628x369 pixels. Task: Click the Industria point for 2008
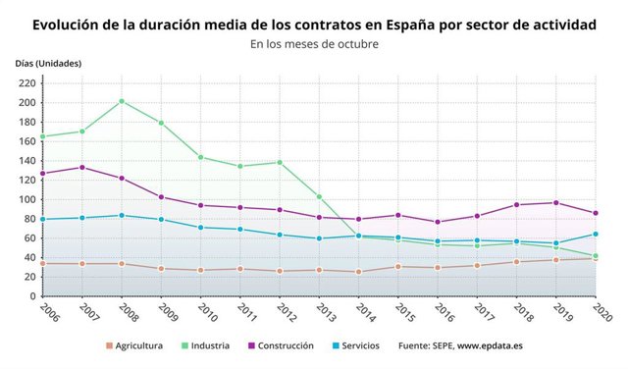coord(122,101)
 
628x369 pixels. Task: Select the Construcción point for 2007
coord(81,167)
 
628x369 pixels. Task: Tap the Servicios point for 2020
coord(595,235)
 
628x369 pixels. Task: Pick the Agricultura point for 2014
coord(358,272)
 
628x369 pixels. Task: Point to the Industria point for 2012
coord(280,162)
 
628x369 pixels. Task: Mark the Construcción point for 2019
coord(555,203)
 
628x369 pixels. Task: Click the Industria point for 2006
coord(42,136)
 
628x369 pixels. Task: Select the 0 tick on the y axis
coord(32,296)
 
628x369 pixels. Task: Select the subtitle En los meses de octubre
coord(314,44)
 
